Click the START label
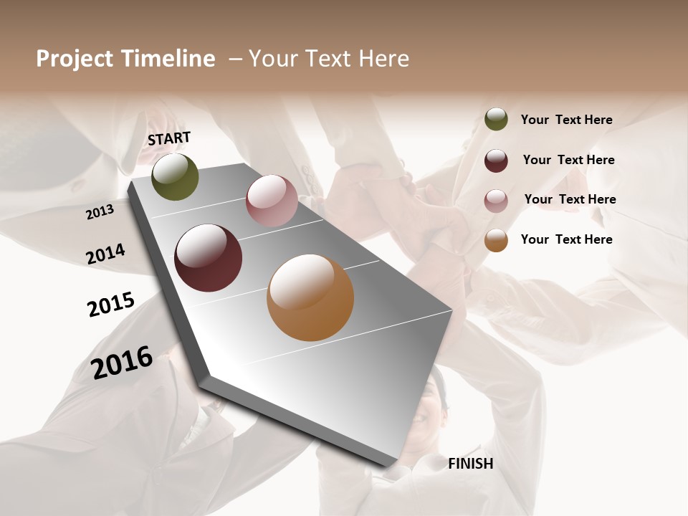tap(169, 138)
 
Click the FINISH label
tap(471, 464)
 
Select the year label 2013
tap(100, 212)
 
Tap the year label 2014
tap(105, 254)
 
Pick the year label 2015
tap(111, 305)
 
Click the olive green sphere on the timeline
tap(175, 177)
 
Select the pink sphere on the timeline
tap(272, 201)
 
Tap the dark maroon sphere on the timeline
tap(208, 258)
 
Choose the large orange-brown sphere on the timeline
tap(310, 297)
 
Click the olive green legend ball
tap(496, 120)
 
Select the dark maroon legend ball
tap(496, 161)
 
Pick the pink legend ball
tap(496, 200)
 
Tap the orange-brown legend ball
tap(496, 240)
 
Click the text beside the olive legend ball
tap(566, 120)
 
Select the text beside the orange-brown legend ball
tap(566, 239)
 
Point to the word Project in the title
tap(74, 59)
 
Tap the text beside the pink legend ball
tap(570, 199)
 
